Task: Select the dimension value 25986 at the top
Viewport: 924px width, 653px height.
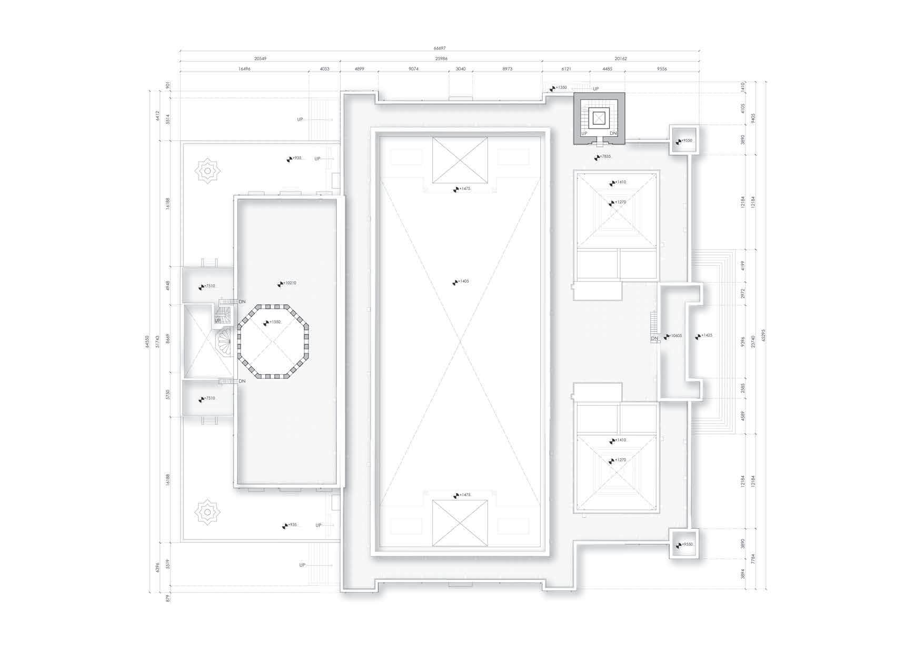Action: (x=441, y=58)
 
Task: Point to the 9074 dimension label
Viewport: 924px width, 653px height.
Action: (x=413, y=68)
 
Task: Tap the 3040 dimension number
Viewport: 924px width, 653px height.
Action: (x=460, y=68)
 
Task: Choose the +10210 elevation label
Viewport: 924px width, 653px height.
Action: (x=289, y=283)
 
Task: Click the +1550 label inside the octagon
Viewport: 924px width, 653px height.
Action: (x=274, y=322)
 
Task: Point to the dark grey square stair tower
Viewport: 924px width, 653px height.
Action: (x=599, y=118)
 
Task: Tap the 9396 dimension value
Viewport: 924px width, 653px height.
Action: (x=743, y=342)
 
